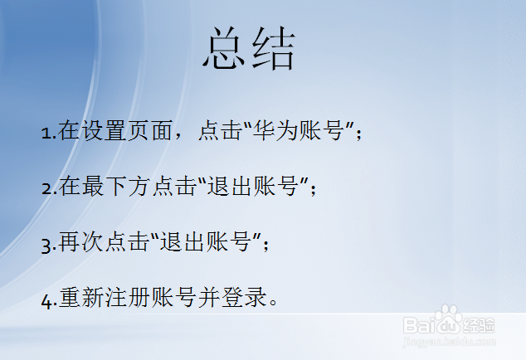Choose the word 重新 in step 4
pyautogui.click(x=80, y=298)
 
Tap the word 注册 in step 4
pyautogui.click(x=127, y=298)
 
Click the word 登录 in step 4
pyautogui.click(x=243, y=298)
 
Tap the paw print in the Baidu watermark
pyautogui.click(x=449, y=319)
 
